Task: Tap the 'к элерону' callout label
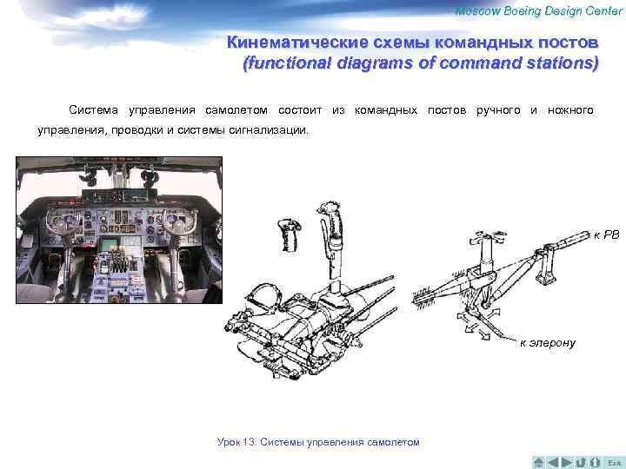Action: [548, 343]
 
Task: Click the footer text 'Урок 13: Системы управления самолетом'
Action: [317, 442]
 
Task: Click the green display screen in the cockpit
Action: [111, 245]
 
